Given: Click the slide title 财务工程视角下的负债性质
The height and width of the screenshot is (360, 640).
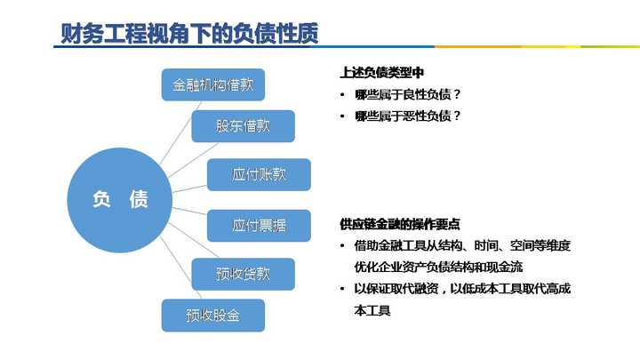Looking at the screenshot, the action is (x=189, y=33).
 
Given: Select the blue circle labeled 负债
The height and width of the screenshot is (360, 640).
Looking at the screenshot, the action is (x=120, y=200).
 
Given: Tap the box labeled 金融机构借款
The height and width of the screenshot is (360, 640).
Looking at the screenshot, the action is (x=213, y=84).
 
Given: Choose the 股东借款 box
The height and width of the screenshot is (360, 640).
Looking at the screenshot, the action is (x=243, y=126).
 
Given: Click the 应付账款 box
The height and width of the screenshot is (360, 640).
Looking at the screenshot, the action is (x=259, y=175).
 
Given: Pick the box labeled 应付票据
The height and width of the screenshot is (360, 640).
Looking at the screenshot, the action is (x=259, y=226).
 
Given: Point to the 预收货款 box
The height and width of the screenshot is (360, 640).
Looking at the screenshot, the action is (x=243, y=275).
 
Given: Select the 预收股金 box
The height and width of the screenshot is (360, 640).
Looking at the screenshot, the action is (x=213, y=316).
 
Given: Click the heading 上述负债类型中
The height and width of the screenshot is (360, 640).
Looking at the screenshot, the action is (x=381, y=73).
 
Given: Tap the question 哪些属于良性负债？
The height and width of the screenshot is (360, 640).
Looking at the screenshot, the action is (x=408, y=95).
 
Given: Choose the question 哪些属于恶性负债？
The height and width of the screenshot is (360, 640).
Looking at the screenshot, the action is (x=408, y=116).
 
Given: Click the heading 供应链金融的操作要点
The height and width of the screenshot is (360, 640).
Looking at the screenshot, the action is (x=400, y=224).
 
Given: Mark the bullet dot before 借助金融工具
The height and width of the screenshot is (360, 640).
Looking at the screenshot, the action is (x=342, y=245).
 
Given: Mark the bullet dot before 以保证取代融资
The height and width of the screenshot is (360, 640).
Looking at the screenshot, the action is (x=342, y=289).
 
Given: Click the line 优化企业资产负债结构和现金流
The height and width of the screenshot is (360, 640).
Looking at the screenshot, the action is (x=438, y=268).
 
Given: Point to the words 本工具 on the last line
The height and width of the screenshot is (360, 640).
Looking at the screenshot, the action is (x=372, y=310).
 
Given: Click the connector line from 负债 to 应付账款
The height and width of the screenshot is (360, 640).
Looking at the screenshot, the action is (x=190, y=189).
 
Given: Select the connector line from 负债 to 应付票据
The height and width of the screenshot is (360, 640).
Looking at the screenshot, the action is (x=189, y=211).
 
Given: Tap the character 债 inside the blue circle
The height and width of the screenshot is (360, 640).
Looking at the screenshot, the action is (x=139, y=200).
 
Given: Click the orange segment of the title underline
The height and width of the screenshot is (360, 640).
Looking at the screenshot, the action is (x=478, y=46).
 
